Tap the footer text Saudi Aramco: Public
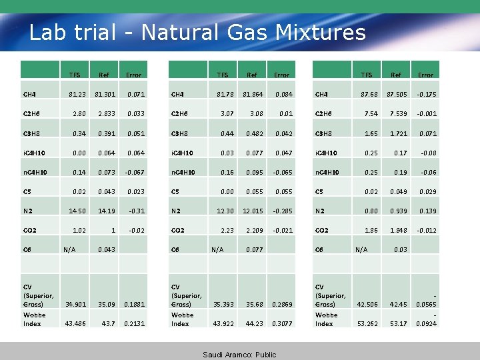pos(239,355)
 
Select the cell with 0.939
pos(398,211)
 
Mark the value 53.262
pos(367,324)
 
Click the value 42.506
pos(367,305)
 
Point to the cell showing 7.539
pos(398,114)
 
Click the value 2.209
pos(254,230)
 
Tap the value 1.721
pos(398,133)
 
